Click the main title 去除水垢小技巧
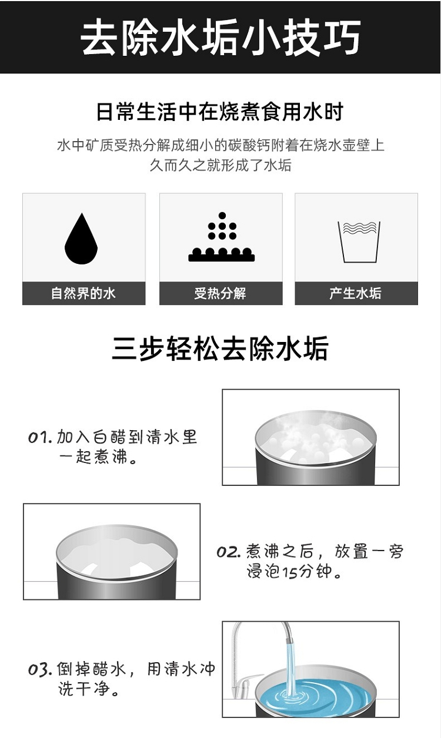click(x=220, y=37)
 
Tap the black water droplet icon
click(x=81, y=239)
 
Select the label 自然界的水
click(x=83, y=293)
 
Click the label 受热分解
click(x=220, y=293)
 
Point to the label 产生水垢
click(x=355, y=293)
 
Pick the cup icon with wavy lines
click(x=359, y=242)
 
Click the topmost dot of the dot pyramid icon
click(x=222, y=216)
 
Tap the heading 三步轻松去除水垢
click(x=220, y=348)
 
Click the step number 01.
click(x=40, y=438)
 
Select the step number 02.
click(x=228, y=552)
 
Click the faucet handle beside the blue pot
click(x=248, y=679)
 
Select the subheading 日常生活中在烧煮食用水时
click(x=220, y=112)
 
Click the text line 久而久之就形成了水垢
click(x=220, y=165)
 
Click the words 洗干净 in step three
click(x=83, y=689)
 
